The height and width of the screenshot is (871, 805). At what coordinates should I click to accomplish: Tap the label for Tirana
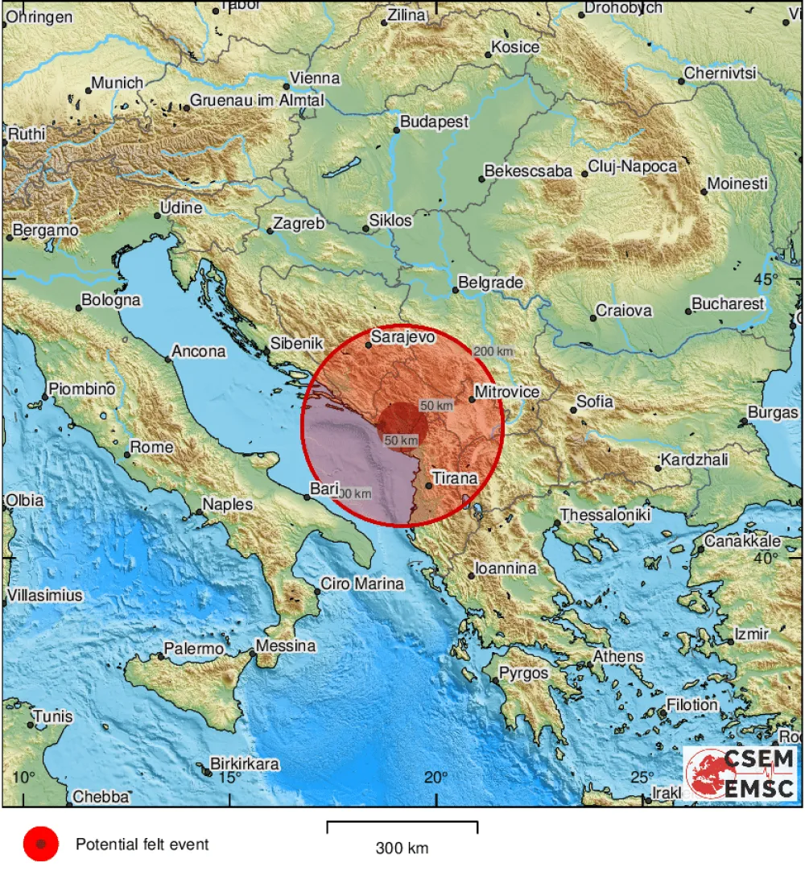[455, 479]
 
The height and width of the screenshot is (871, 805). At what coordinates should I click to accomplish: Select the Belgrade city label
[490, 283]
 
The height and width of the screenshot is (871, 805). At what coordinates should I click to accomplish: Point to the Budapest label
[436, 122]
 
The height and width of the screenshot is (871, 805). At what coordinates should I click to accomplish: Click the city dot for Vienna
[287, 86]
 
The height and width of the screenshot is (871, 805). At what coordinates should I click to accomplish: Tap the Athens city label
[618, 657]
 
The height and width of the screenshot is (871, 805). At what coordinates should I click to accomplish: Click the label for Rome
[152, 448]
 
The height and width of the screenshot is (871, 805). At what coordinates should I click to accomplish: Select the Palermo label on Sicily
[193, 649]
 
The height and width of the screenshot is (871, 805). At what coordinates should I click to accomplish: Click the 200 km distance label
[493, 352]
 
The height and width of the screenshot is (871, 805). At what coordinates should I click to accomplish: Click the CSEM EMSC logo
[740, 774]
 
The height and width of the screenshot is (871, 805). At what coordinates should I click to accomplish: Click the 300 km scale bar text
[402, 848]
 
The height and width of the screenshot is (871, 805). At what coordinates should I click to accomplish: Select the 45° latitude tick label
[766, 279]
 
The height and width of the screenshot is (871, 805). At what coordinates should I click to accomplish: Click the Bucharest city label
[728, 304]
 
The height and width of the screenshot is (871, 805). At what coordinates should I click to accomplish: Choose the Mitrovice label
[506, 392]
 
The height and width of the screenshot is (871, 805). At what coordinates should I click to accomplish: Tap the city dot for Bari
[307, 497]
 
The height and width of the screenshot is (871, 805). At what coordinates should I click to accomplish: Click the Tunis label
[53, 716]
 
